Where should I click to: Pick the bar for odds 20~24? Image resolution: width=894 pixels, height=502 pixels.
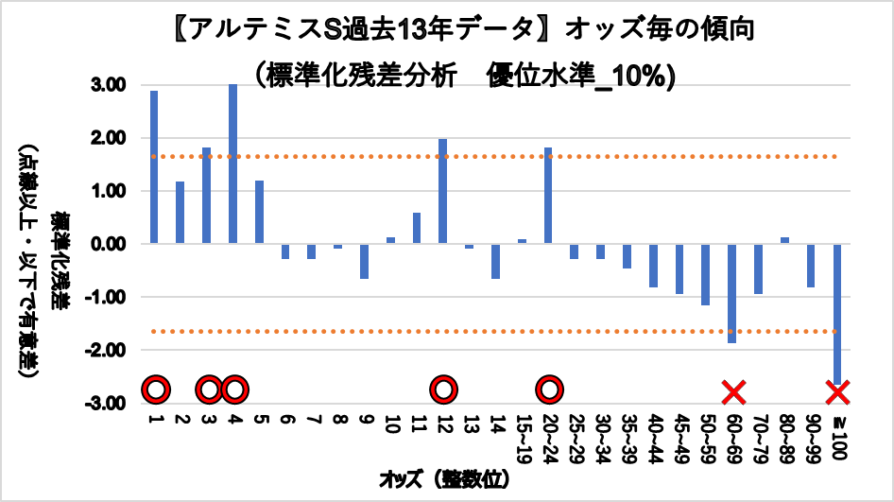(548, 196)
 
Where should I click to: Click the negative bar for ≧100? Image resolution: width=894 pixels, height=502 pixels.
(837, 312)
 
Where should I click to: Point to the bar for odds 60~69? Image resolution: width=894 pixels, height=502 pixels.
(731, 293)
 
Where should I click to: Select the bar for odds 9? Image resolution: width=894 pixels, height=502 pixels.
(364, 261)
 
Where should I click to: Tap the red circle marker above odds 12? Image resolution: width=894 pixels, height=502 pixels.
(442, 389)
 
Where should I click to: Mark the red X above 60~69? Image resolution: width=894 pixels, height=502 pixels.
(733, 390)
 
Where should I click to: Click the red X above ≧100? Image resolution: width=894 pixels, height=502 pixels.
(838, 390)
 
